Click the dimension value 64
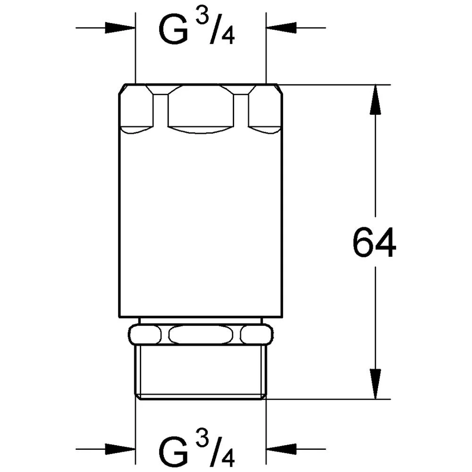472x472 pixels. pyautogui.click(x=374, y=244)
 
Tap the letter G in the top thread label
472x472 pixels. pyautogui.click(x=174, y=30)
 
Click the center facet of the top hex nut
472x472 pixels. pyautogui.click(x=201, y=108)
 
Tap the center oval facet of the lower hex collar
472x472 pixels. pyautogui.click(x=201, y=335)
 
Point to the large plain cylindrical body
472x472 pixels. pyautogui.click(x=201, y=222)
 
